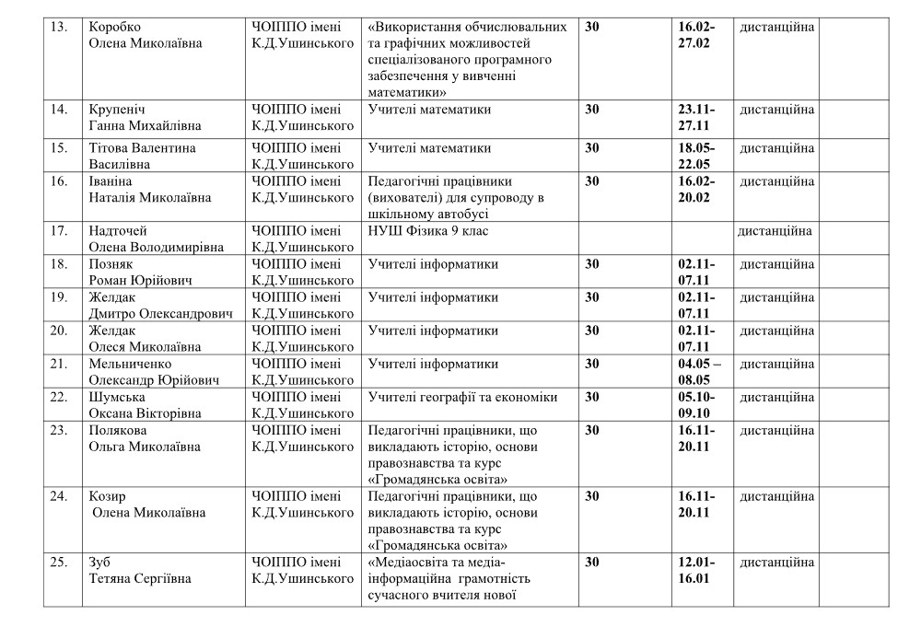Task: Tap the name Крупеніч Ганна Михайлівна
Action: click(x=146, y=118)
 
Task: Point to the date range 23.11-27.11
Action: click(x=696, y=118)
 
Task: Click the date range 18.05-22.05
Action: click(x=696, y=156)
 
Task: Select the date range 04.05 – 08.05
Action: click(x=699, y=371)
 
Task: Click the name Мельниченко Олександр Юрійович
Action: click(x=153, y=371)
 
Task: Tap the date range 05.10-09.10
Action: click(x=696, y=404)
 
